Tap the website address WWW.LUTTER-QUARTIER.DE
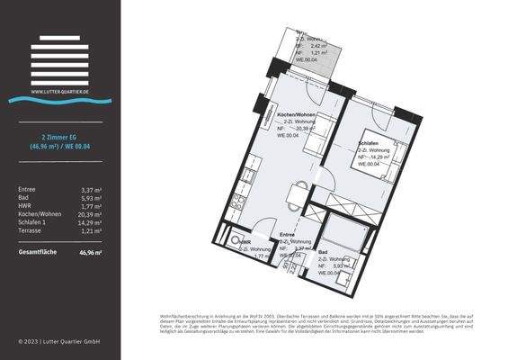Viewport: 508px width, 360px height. click(x=60, y=91)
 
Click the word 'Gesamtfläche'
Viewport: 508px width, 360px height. click(x=37, y=252)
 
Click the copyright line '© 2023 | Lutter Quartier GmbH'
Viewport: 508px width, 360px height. click(x=59, y=342)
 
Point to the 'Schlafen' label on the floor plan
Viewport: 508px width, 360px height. click(x=367, y=142)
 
